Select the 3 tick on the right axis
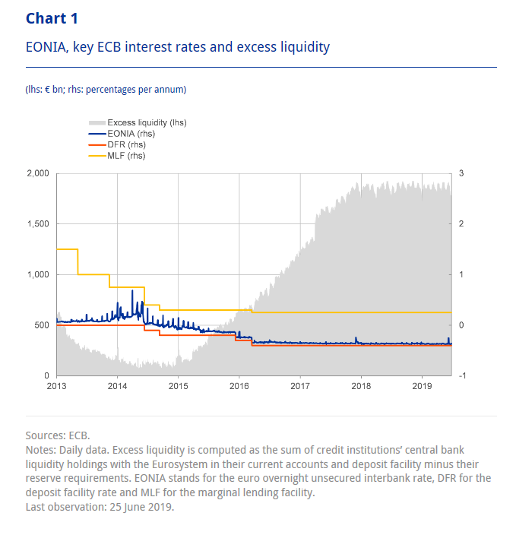pos(462,174)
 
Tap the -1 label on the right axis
pos(464,375)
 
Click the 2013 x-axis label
pos(56,387)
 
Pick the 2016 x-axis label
pos(239,387)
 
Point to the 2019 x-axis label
pos(422,387)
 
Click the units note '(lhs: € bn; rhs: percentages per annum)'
pos(106,90)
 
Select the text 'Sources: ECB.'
pos(58,435)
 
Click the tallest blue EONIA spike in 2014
pos(132,291)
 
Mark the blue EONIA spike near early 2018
pos(356,339)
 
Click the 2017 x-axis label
pos(299,387)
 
